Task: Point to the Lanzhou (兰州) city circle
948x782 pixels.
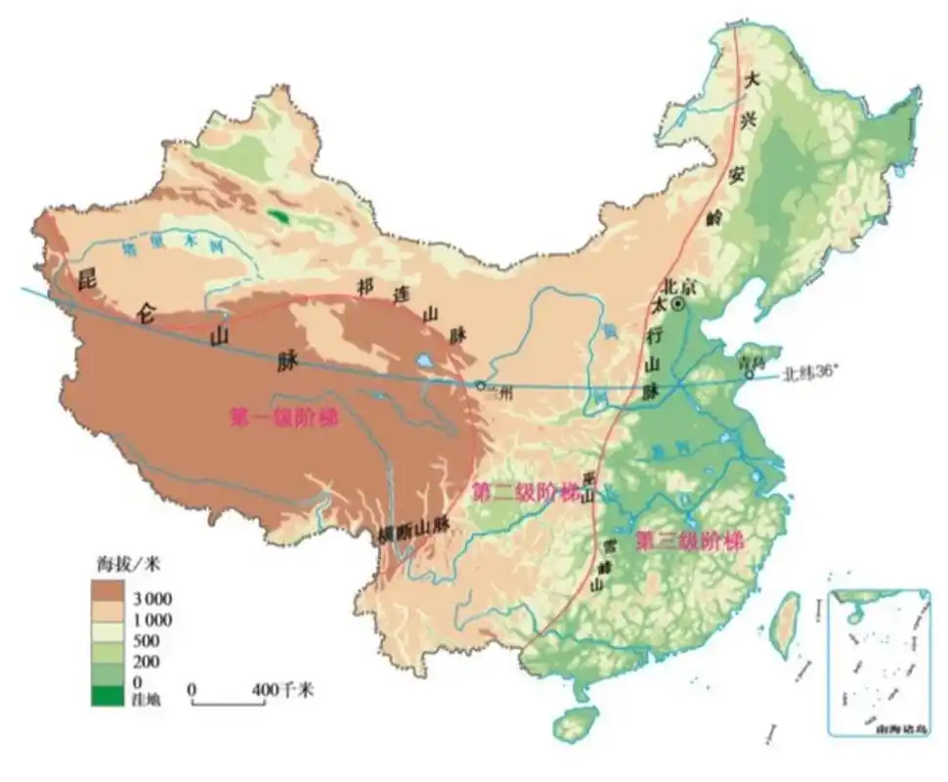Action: [x=480, y=385]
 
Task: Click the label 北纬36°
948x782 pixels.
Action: [x=815, y=372]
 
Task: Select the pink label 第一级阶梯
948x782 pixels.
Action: [x=282, y=417]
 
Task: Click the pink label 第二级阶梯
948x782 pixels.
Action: [x=524, y=493]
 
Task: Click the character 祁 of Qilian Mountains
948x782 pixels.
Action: [x=366, y=286]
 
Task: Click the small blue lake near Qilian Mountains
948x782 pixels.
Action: [x=427, y=361]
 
